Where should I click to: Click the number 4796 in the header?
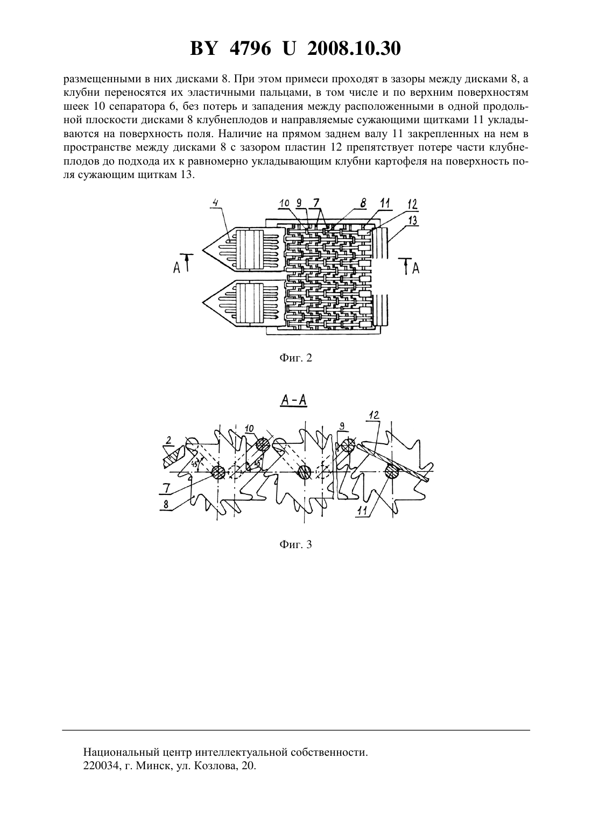[250, 49]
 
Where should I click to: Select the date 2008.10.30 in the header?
[354, 49]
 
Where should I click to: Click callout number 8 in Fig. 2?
[363, 203]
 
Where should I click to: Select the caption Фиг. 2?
[295, 358]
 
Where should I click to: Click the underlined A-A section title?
[293, 401]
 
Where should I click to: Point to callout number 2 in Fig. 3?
[168, 440]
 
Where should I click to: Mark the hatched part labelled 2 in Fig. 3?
[174, 457]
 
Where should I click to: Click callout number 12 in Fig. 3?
[374, 415]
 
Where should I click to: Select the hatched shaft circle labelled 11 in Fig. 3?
[392, 472]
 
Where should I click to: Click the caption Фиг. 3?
[295, 544]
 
